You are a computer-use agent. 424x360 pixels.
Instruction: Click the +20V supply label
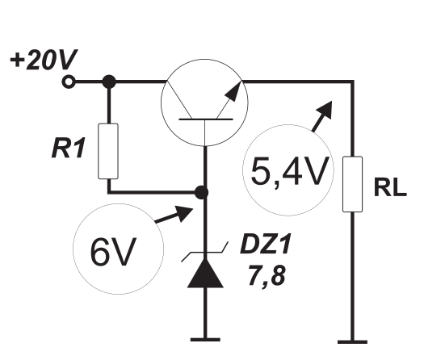pos(44,59)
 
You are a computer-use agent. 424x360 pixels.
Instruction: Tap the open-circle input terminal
pos(69,82)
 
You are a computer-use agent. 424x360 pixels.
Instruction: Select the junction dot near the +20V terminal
pos(109,82)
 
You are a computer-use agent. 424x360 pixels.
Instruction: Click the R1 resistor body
pos(108,151)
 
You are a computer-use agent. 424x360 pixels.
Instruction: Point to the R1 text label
pos(68,148)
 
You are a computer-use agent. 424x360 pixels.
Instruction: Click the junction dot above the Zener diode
pos(201,192)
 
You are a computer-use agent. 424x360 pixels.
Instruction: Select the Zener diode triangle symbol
pos(205,273)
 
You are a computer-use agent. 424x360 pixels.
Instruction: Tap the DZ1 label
pos(266,244)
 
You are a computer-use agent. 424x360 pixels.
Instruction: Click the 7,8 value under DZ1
pos(267,276)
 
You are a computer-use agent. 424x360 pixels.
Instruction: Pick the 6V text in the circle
pos(113,252)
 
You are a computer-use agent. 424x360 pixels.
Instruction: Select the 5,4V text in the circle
pos(290,171)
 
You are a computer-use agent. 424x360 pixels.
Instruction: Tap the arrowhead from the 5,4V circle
pos(325,110)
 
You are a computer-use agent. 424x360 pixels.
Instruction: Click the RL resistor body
pos(353,184)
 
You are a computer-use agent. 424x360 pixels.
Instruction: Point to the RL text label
pos(390,187)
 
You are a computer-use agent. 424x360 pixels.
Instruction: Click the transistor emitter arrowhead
pos(233,91)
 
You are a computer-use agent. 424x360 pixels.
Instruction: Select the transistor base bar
pos(206,119)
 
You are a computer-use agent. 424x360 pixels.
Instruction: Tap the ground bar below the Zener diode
pos(205,340)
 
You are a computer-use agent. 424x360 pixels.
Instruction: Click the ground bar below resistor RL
pos(352,342)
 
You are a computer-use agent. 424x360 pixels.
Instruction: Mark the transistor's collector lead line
pos(179,100)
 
